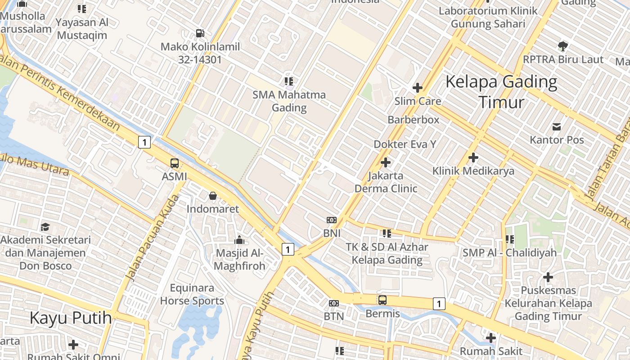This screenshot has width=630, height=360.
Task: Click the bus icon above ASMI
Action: pos(174,163)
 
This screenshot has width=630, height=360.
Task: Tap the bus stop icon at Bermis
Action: pos(382,300)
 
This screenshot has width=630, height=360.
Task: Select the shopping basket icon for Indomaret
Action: pos(212,196)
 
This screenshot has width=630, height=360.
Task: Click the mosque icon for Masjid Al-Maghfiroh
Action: pos(239,240)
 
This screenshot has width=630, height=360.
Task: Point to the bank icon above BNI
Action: pos(332,220)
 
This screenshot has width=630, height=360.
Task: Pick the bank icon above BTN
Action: pos(333,303)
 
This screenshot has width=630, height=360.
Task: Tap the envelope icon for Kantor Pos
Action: pos(557,127)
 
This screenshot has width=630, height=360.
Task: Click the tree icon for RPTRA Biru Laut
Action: pos(562,46)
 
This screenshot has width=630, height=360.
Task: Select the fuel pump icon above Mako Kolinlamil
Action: pos(200,33)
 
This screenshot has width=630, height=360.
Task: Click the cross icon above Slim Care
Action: pos(418,88)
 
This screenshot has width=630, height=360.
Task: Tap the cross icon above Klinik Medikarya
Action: pos(473,157)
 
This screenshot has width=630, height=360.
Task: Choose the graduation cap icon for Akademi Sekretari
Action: pos(45,227)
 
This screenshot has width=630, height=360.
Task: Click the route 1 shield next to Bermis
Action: pos(439,304)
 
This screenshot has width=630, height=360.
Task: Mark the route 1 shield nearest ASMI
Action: pos(144,142)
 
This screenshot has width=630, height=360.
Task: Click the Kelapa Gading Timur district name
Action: pos(501,92)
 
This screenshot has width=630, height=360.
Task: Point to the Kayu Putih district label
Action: pos(71,318)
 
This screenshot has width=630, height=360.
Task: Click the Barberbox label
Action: pos(413,120)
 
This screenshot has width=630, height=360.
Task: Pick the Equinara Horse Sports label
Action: pos(192,294)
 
